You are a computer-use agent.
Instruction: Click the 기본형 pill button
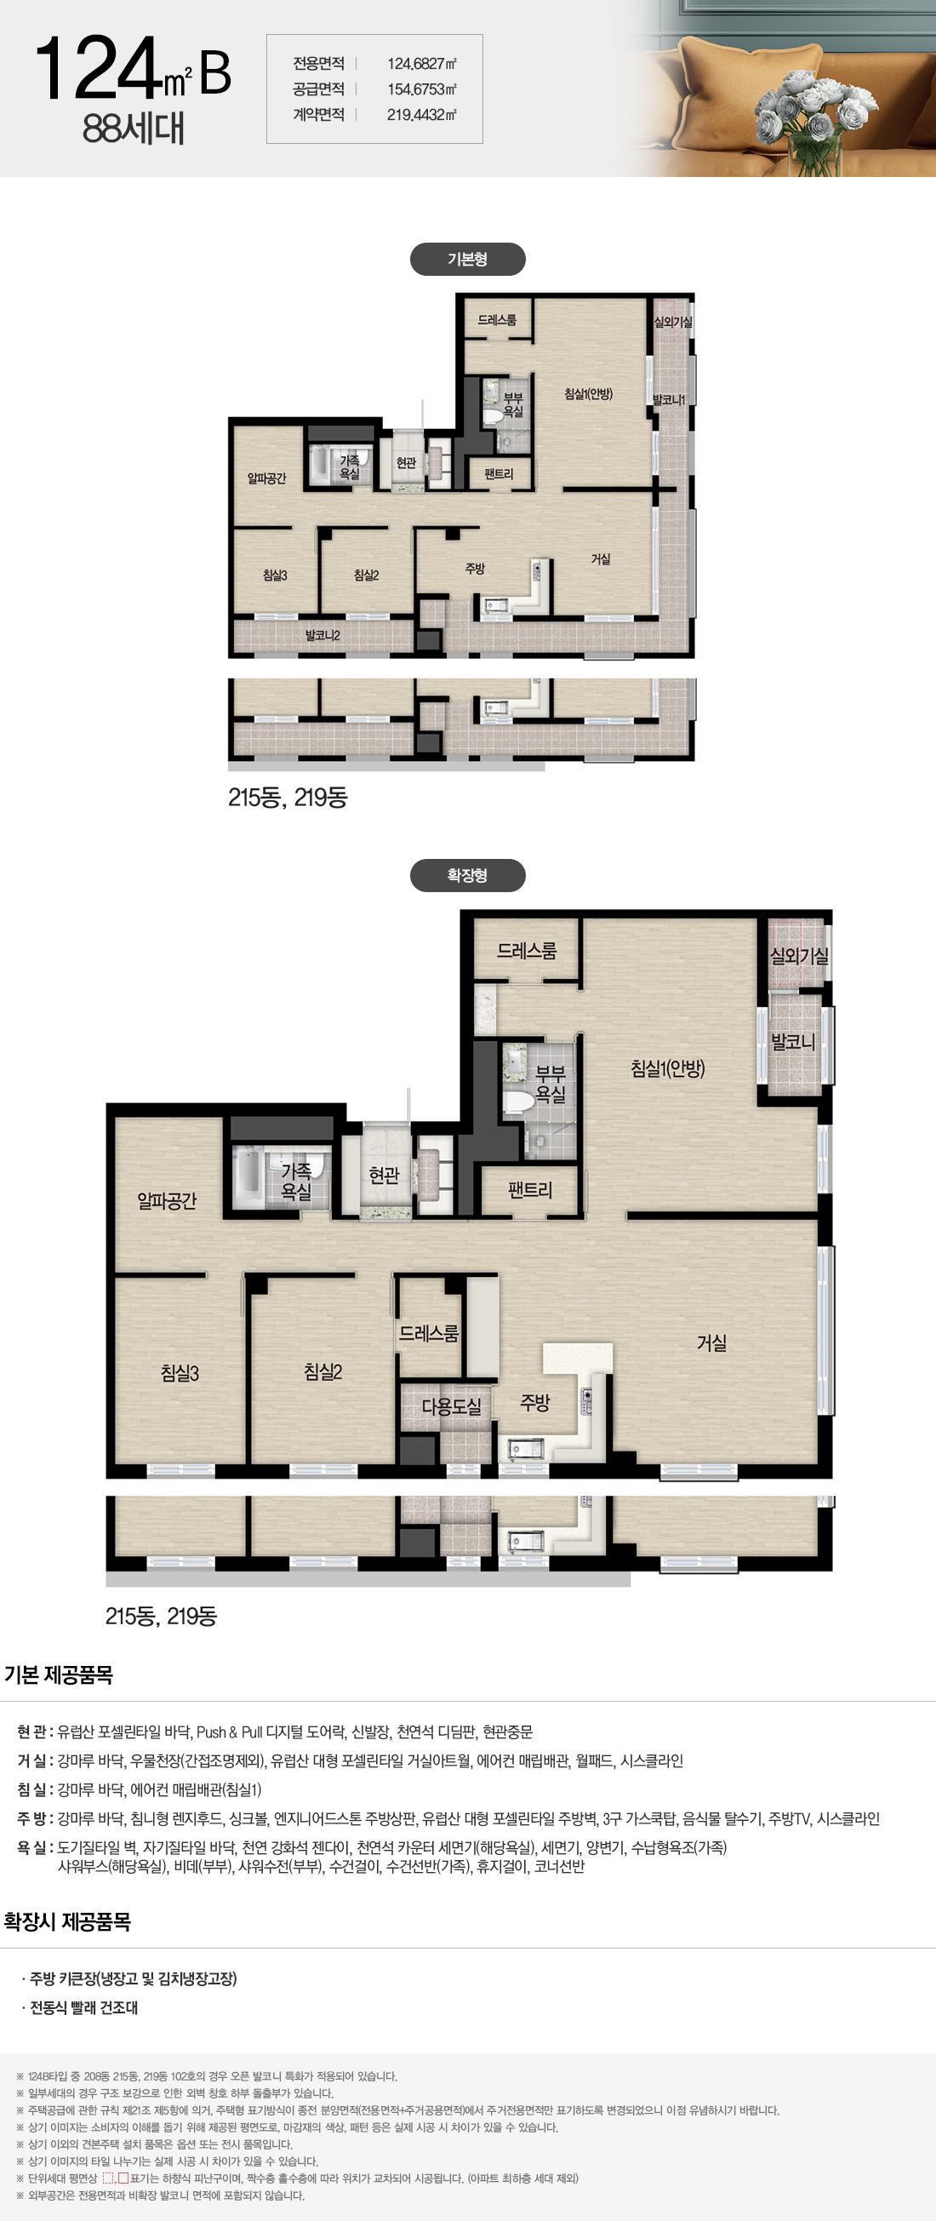(467, 259)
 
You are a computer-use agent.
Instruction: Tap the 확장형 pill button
(467, 875)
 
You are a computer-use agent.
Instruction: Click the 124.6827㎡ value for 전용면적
(421, 64)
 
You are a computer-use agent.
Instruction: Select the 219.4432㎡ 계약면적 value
(421, 115)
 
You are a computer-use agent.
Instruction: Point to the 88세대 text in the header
(134, 129)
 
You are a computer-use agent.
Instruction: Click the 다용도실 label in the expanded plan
(451, 1407)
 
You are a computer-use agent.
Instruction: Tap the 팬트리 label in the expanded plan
(529, 1190)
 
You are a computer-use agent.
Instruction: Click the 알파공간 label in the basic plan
(266, 478)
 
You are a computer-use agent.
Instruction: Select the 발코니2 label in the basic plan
(322, 635)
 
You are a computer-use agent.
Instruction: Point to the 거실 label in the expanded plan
(711, 1342)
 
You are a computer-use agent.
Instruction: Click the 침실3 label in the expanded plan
(180, 1372)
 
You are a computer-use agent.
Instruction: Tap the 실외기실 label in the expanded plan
(799, 955)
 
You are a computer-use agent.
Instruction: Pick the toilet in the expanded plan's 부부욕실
(518, 1101)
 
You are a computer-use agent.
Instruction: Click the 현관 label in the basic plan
(406, 463)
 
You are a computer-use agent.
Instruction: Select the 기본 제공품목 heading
(59, 1674)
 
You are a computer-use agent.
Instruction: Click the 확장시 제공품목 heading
(67, 1921)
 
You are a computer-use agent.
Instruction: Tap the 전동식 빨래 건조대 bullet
(79, 2007)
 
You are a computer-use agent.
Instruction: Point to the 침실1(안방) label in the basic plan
(588, 394)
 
